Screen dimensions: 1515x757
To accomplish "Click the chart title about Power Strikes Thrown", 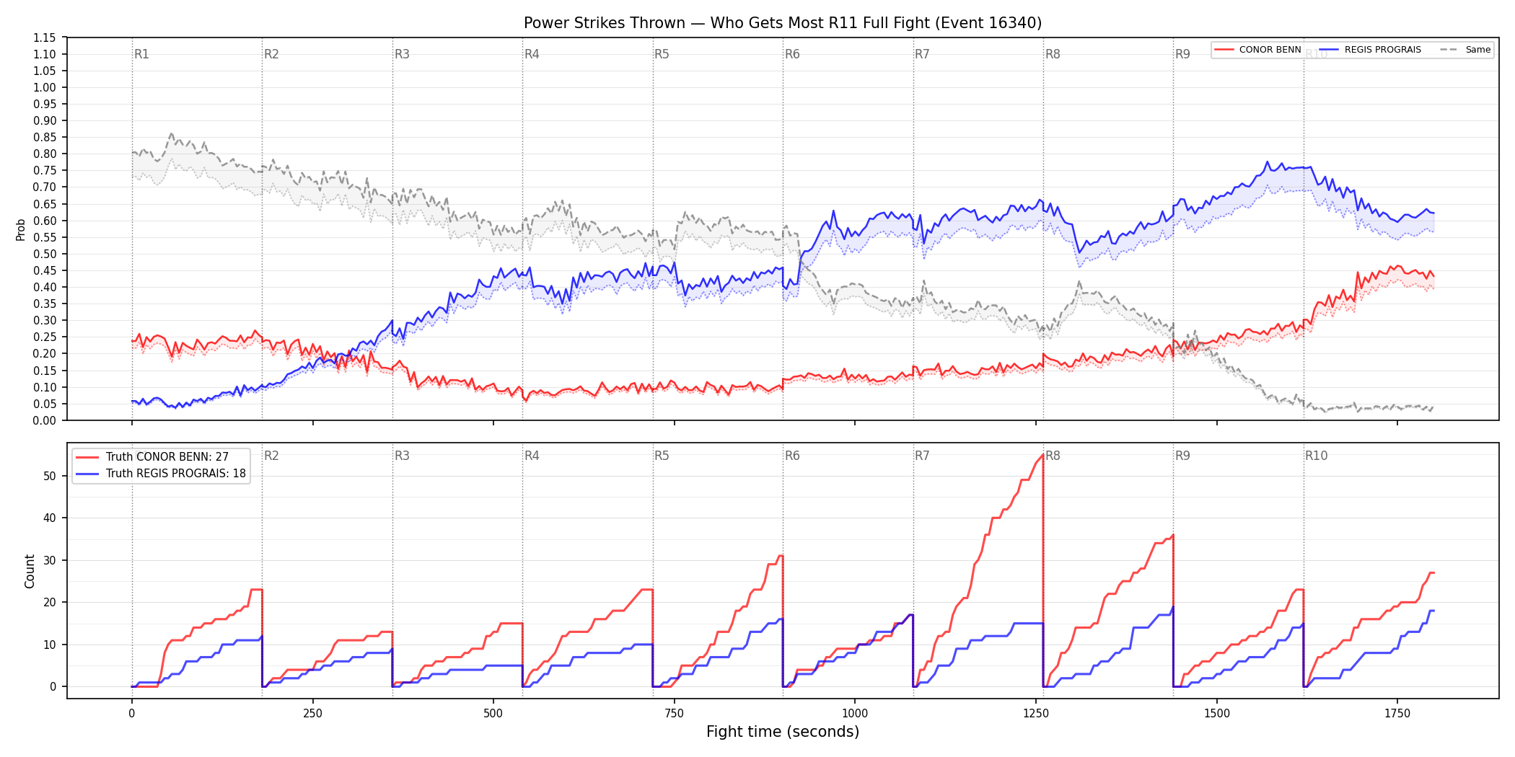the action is [x=783, y=23].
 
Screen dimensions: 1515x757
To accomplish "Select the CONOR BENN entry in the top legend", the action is [x=1258, y=50].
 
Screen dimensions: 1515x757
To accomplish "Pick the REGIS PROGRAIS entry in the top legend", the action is [x=1370, y=50].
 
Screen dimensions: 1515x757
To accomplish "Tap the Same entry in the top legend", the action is [x=1465, y=50].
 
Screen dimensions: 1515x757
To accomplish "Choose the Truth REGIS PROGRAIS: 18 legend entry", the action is [x=161, y=474].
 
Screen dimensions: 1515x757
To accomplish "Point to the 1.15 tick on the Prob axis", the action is [x=45, y=37].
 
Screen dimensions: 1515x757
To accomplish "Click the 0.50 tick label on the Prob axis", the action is [x=45, y=254].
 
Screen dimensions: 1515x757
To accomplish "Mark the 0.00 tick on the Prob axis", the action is [x=45, y=420].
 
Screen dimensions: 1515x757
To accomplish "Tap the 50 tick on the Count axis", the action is [x=50, y=476].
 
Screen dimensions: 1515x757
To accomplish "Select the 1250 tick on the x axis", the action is [x=1036, y=713].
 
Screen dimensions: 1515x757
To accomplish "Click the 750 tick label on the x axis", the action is [x=674, y=713].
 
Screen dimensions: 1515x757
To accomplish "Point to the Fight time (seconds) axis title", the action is [x=783, y=732].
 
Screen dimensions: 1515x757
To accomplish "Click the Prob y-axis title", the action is [x=21, y=229].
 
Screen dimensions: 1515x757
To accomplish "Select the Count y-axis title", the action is [x=30, y=571].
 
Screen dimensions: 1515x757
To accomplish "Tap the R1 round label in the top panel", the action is [x=141, y=54].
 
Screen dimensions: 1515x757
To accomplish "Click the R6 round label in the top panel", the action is [x=792, y=54].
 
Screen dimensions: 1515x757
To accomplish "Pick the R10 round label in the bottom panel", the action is [x=1316, y=456].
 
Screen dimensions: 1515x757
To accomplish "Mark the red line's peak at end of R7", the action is [x=1042, y=455].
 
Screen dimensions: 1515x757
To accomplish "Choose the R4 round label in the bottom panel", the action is [x=532, y=456].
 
